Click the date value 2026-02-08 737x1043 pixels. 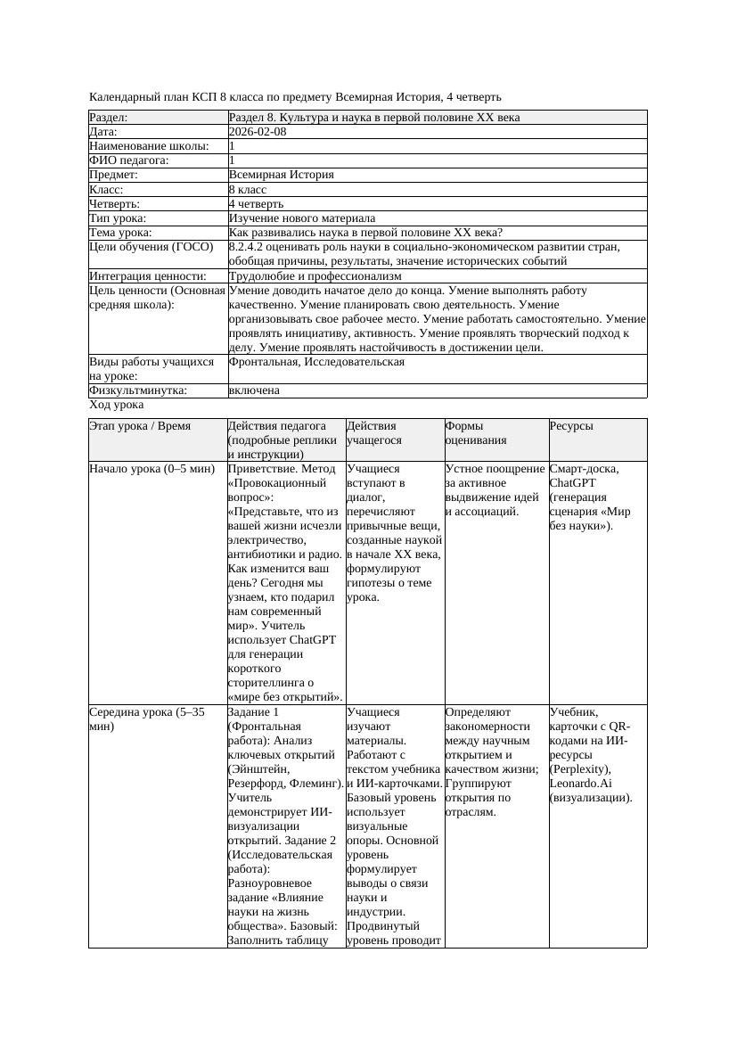[258, 132]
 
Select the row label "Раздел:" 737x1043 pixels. [109, 118]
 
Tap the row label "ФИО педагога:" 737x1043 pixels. [129, 160]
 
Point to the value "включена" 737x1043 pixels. [254, 390]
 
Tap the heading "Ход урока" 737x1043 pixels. [117, 405]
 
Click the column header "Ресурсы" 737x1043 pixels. [571, 426]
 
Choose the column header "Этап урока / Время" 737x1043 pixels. [140, 426]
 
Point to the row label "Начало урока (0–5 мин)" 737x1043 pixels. [152, 469]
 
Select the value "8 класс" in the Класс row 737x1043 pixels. [248, 190]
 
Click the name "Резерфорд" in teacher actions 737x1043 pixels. [260, 784]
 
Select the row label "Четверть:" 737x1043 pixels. [114, 204]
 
